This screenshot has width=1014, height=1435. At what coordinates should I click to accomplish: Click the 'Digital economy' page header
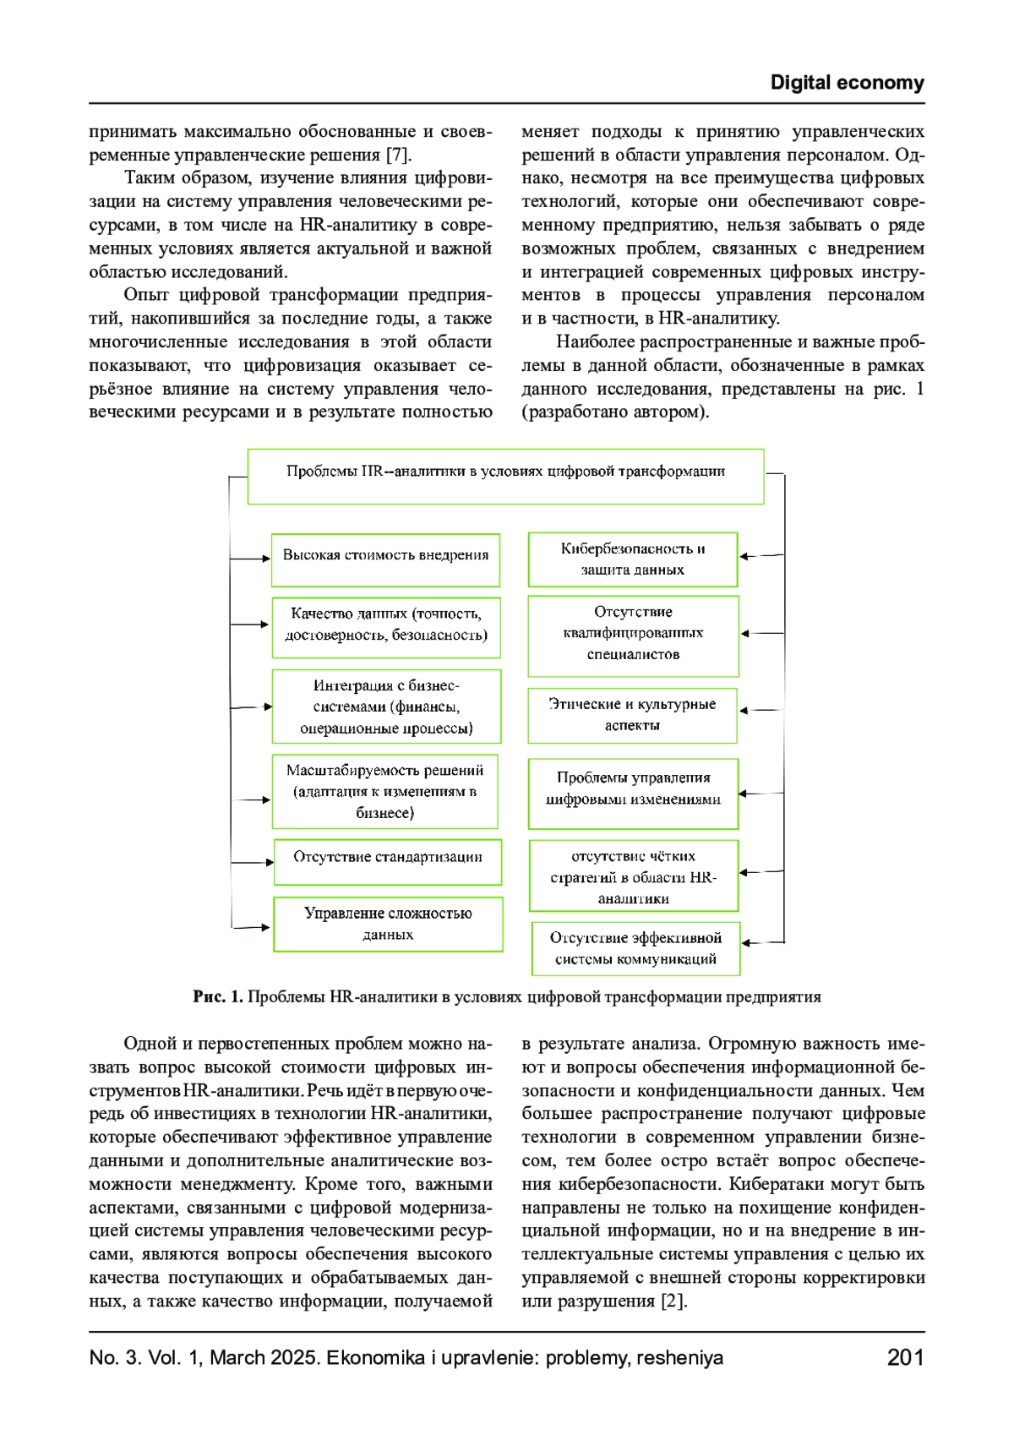tap(847, 83)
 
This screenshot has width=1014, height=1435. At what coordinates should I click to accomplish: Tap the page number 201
tap(905, 1358)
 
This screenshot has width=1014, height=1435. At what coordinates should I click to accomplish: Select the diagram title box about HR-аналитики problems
tap(505, 477)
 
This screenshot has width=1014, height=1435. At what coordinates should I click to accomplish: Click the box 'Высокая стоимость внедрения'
tap(385, 559)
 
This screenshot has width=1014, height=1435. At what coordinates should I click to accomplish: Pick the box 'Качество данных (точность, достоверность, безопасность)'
tap(386, 627)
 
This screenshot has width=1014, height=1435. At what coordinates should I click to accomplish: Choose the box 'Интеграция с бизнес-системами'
tap(386, 707)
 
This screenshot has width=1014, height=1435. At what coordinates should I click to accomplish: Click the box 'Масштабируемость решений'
tap(384, 791)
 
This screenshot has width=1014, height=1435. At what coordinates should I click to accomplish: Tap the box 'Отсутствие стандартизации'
tap(388, 861)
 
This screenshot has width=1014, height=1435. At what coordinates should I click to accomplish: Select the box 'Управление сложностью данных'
tap(388, 924)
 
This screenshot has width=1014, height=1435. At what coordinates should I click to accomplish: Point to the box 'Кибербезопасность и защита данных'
tap(632, 559)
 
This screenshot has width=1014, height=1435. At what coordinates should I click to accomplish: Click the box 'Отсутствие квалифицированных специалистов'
tap(633, 636)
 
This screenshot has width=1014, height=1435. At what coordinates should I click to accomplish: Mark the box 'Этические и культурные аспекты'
tap(632, 715)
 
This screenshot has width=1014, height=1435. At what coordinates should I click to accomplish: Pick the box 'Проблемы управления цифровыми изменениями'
tap(633, 793)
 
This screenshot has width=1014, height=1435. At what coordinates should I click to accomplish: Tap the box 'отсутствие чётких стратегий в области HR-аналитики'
tap(633, 876)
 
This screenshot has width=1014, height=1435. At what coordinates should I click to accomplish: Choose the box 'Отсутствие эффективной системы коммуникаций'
tap(635, 948)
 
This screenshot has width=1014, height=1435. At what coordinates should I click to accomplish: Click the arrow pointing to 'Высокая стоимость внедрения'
tap(251, 558)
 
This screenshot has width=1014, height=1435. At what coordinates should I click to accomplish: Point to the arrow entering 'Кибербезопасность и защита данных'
tap(760, 556)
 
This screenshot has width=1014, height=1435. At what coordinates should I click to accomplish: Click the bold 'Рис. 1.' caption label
tap(218, 997)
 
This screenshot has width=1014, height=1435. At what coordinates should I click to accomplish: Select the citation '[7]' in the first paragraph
tap(399, 155)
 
